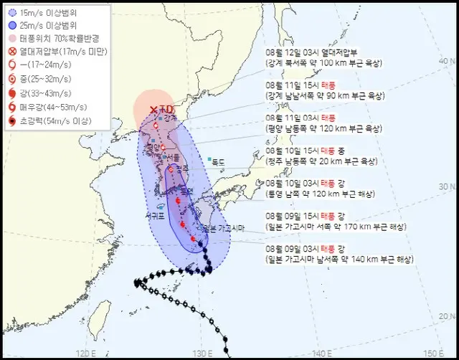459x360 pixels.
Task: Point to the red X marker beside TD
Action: (153, 110)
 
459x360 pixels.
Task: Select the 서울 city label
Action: (172, 158)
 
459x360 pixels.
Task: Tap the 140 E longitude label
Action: (319, 353)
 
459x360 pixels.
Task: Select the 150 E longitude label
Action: (434, 353)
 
